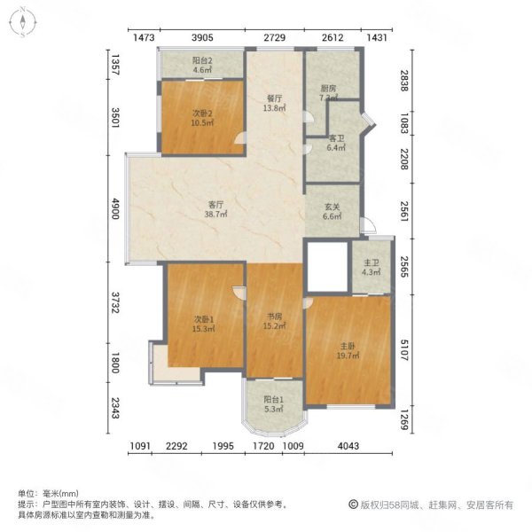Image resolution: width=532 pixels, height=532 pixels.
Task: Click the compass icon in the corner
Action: click(x=22, y=22)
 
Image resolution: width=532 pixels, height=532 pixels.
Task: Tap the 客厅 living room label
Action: click(x=215, y=209)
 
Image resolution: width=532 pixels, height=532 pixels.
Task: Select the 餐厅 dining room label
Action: click(x=275, y=103)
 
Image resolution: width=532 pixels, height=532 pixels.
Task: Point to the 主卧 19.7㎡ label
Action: click(x=348, y=351)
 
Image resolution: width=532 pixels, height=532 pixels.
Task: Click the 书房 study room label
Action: click(x=275, y=321)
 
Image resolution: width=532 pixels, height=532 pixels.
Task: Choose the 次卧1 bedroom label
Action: click(x=204, y=324)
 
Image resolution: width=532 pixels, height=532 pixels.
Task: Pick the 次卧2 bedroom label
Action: click(x=202, y=118)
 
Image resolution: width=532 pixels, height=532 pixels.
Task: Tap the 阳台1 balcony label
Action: click(x=274, y=404)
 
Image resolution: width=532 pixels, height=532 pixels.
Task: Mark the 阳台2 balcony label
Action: click(x=202, y=65)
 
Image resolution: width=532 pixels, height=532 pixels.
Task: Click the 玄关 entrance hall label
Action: click(x=332, y=211)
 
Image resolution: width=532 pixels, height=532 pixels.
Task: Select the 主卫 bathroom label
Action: click(x=372, y=268)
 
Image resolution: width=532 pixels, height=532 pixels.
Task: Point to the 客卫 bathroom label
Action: click(x=337, y=143)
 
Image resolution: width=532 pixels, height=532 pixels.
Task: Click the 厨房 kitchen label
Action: click(x=328, y=93)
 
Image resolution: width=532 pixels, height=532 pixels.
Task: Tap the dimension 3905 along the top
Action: click(x=202, y=37)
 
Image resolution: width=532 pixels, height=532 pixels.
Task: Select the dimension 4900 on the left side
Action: click(x=116, y=209)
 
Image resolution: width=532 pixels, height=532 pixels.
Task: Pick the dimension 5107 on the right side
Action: click(x=404, y=350)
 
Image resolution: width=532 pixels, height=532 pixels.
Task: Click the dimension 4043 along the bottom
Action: click(x=348, y=446)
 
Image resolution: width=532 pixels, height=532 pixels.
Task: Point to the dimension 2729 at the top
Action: click(x=275, y=37)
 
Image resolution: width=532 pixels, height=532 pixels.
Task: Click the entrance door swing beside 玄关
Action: click(x=368, y=225)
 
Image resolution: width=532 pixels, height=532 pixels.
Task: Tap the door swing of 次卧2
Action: click(x=240, y=138)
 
